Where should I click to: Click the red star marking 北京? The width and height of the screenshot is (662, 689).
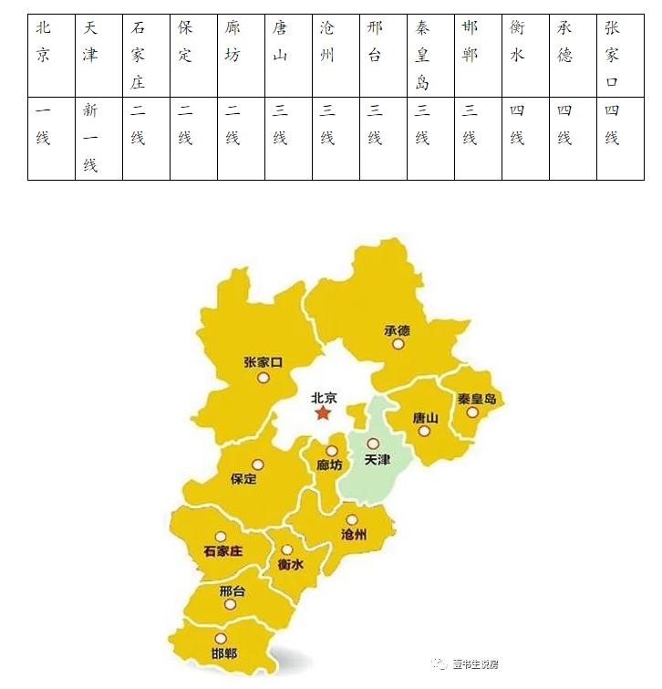pyautogui.click(x=323, y=413)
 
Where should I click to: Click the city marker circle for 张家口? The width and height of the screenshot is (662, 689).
pyautogui.click(x=264, y=377)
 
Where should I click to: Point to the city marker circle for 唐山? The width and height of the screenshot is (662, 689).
pyautogui.click(x=424, y=431)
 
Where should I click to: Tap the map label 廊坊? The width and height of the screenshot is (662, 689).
pyautogui.click(x=329, y=465)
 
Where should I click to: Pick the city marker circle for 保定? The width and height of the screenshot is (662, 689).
pyautogui.click(x=258, y=464)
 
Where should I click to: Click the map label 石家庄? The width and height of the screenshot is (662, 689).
pyautogui.click(x=223, y=551)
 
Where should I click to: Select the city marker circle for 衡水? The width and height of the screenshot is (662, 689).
pyautogui.click(x=287, y=549)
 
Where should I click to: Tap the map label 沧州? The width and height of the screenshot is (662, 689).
pyautogui.click(x=353, y=535)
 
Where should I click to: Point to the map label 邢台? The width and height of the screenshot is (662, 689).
pyautogui.click(x=233, y=591)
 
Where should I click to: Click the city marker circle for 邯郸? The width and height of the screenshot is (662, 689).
pyautogui.click(x=220, y=639)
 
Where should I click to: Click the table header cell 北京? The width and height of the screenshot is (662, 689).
pyautogui.click(x=44, y=42)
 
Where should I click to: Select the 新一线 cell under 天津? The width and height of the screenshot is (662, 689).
pyautogui.click(x=90, y=138)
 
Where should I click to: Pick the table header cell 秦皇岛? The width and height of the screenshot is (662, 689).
pyautogui.click(x=422, y=55)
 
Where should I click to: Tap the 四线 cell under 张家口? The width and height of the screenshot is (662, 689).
pyautogui.click(x=612, y=124)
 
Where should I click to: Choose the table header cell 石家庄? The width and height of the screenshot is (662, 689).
pyautogui.click(x=138, y=55)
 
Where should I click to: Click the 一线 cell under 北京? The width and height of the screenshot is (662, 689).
pyautogui.click(x=44, y=124)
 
